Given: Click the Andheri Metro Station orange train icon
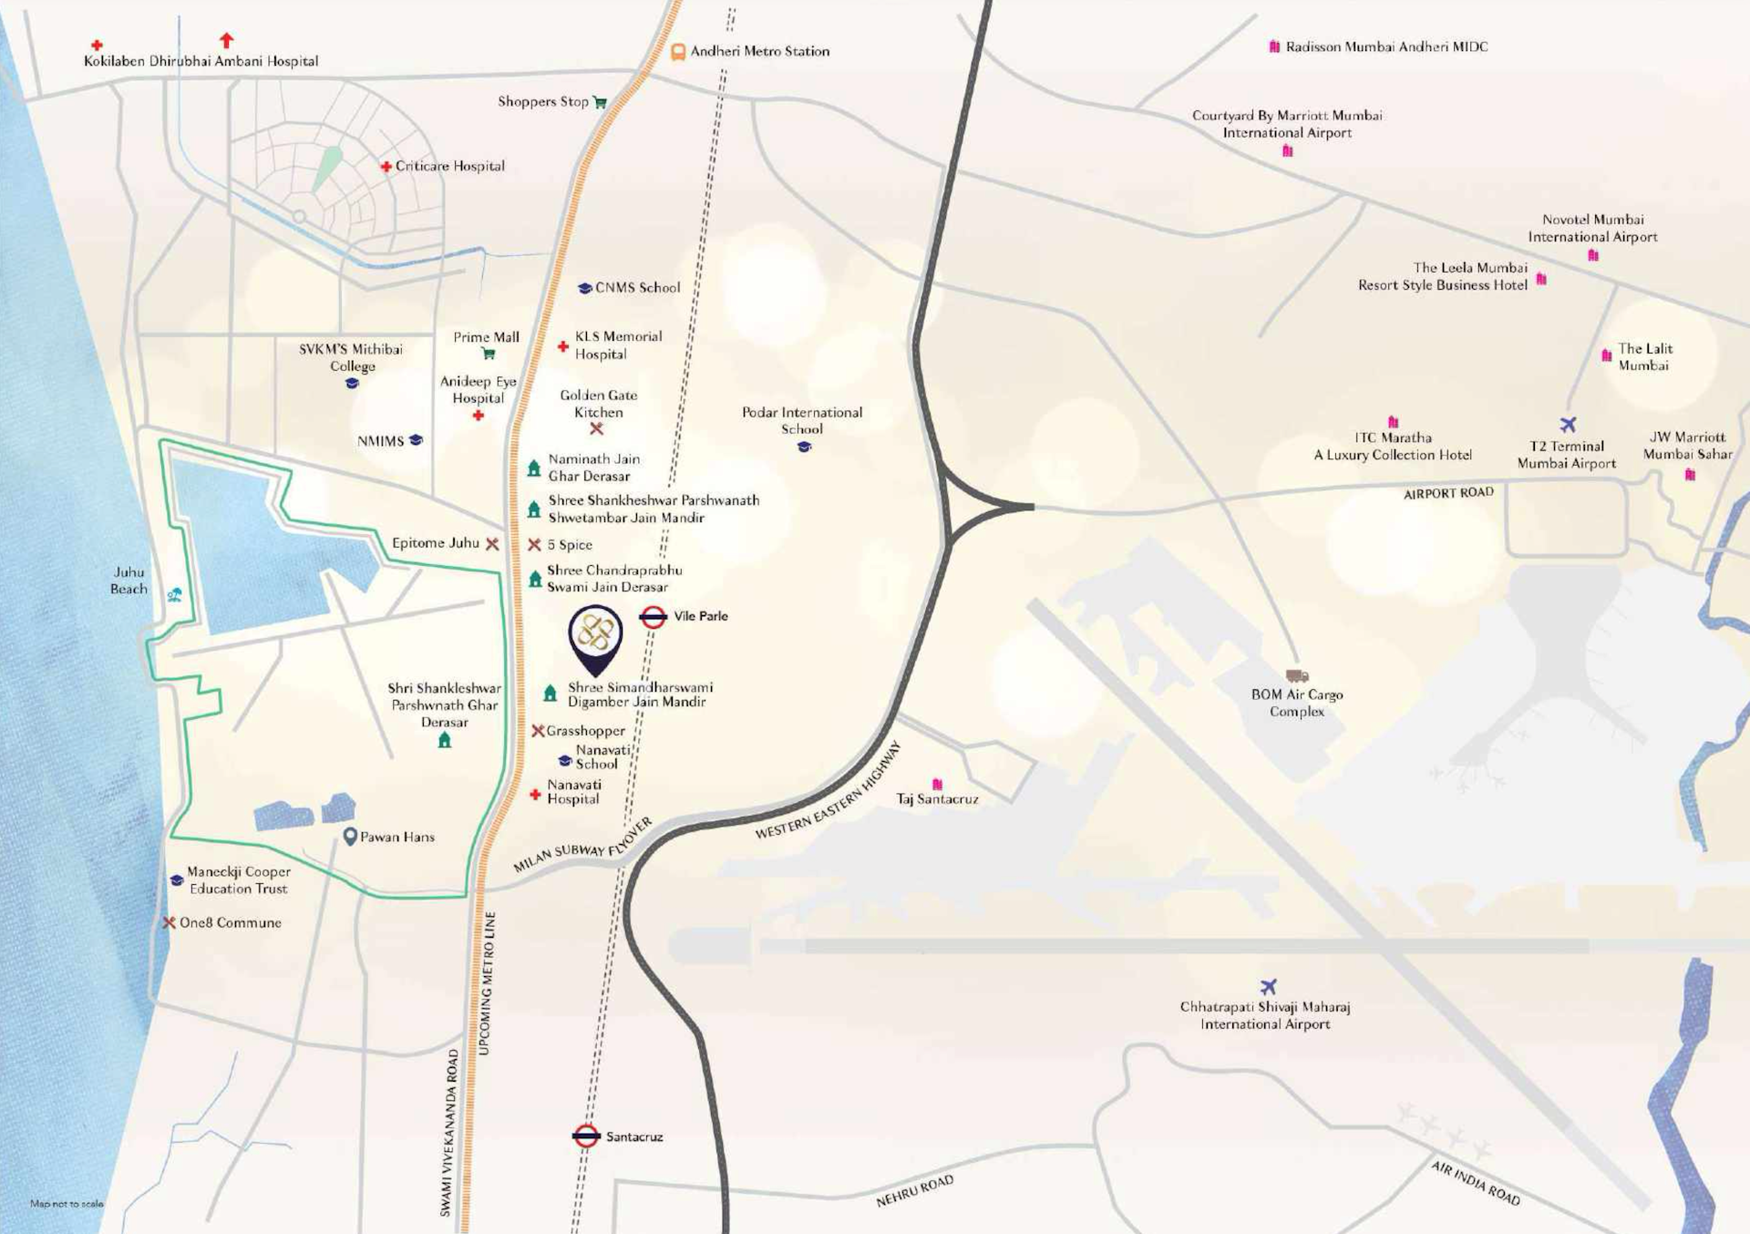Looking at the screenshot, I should pyautogui.click(x=677, y=52).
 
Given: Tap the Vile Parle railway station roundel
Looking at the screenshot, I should pyautogui.click(x=653, y=617).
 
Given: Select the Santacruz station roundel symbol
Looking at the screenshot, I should pyautogui.click(x=586, y=1136).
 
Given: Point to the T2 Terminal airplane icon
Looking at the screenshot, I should pyautogui.click(x=1568, y=425).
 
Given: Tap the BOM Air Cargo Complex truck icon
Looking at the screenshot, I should pyautogui.click(x=1296, y=676).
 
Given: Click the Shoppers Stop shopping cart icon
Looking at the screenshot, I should pyautogui.click(x=600, y=102).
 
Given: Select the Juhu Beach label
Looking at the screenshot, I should pyautogui.click(x=129, y=581).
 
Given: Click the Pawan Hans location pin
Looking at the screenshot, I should pyautogui.click(x=350, y=837).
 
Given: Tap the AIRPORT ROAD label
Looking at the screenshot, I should pyautogui.click(x=1448, y=493).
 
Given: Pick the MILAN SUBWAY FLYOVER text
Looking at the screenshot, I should pyautogui.click(x=582, y=846).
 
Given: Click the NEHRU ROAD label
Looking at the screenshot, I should pyautogui.click(x=914, y=1190).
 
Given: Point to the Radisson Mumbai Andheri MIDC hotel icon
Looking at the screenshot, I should pyautogui.click(x=1274, y=46).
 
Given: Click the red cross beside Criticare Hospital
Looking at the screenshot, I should pyautogui.click(x=386, y=167).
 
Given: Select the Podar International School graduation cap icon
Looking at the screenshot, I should pyautogui.click(x=804, y=447).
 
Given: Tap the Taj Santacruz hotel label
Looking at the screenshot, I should pyautogui.click(x=937, y=799).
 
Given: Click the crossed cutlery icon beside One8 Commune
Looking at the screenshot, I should pyautogui.click(x=169, y=922).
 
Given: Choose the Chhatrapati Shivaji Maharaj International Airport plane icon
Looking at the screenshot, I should pyautogui.click(x=1268, y=987).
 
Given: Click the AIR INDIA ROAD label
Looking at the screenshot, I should pyautogui.click(x=1475, y=1183).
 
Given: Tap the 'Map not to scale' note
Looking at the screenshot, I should pyautogui.click(x=67, y=1204).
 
